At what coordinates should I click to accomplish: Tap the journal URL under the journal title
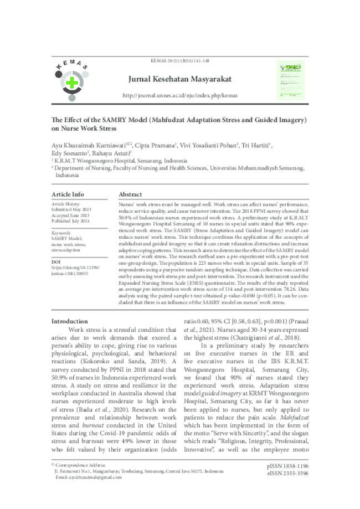click(x=179, y=95)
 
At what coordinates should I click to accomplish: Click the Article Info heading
click(x=68, y=194)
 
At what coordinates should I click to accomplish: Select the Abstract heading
click(x=131, y=194)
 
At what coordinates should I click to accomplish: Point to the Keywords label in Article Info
click(x=61, y=233)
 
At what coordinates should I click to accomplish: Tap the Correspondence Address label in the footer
click(x=80, y=465)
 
